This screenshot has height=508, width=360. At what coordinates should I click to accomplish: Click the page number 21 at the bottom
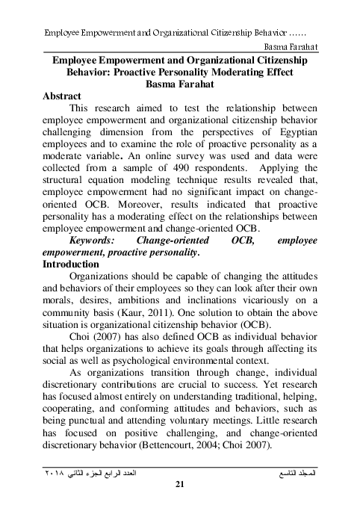click(x=179, y=487)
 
